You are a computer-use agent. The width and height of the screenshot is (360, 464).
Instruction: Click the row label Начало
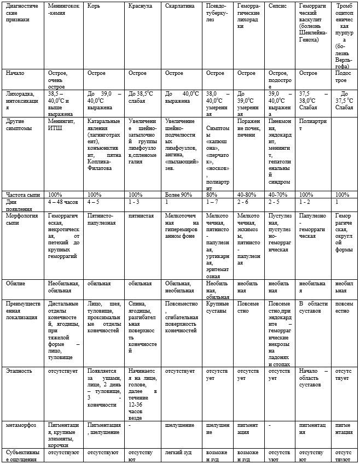(x=15, y=73)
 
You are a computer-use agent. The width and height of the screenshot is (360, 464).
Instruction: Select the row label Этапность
(x=19, y=371)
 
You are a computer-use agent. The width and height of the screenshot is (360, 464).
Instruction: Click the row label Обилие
(x=16, y=284)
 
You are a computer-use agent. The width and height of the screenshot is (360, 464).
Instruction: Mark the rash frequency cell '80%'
(x=212, y=195)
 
